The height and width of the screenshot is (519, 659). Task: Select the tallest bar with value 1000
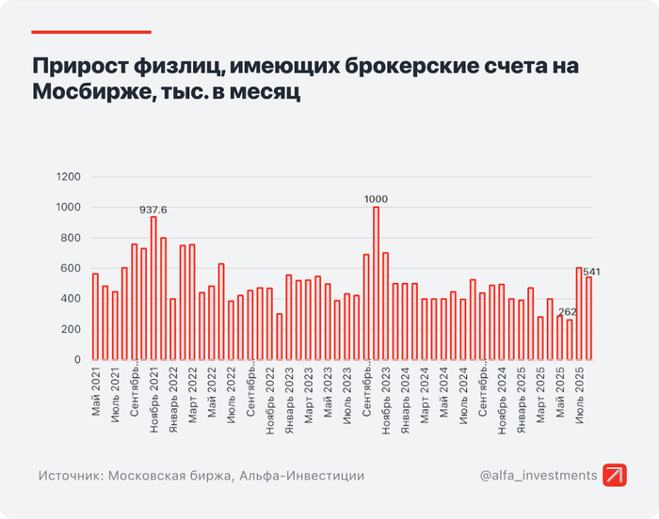click(x=377, y=283)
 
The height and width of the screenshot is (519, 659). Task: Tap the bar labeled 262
click(x=570, y=339)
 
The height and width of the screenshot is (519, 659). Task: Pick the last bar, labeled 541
click(x=589, y=318)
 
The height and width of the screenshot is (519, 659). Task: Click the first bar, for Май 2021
click(x=95, y=316)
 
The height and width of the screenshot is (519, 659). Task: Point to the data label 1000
click(x=377, y=199)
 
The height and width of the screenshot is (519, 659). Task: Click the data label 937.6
click(x=153, y=210)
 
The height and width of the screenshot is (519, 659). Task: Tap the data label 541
click(x=592, y=272)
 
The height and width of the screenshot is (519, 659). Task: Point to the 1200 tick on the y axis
click(x=69, y=177)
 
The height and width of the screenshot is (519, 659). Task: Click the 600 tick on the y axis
click(x=72, y=268)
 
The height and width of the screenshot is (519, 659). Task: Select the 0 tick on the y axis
click(x=78, y=360)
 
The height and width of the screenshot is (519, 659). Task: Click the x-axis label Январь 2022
click(x=173, y=399)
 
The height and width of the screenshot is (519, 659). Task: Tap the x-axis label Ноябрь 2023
click(x=386, y=399)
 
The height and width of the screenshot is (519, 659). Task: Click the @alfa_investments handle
click(x=538, y=476)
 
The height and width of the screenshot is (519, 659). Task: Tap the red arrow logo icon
click(x=616, y=476)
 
